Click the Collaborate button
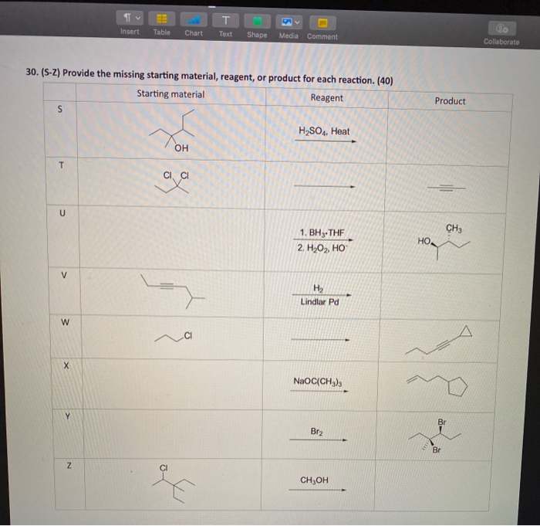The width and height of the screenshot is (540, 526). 501,34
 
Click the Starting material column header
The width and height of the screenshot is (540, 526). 170,94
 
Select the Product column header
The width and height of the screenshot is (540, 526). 450,101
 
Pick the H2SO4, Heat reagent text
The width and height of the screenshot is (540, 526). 323,131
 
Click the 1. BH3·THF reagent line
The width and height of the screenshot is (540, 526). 322,232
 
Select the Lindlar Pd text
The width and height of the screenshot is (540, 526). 319,301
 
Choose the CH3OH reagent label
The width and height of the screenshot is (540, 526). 315,480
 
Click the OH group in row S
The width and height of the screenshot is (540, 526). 181,148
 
